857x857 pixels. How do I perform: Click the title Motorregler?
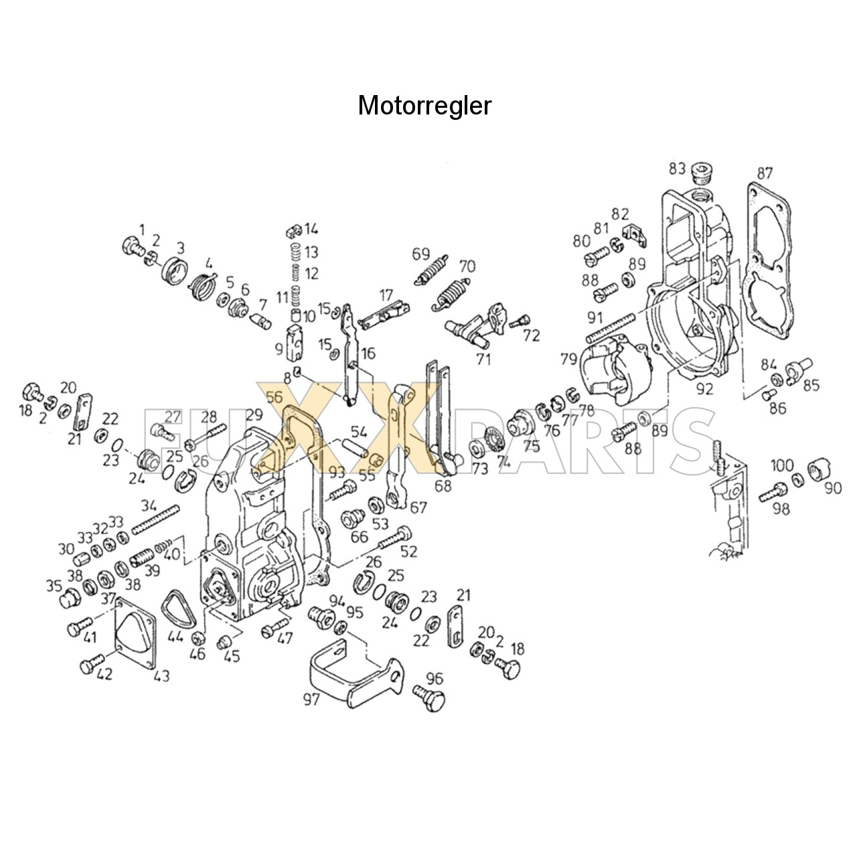pos(424,105)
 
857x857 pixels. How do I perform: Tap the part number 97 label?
pos(311,699)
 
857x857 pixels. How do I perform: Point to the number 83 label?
pos(677,168)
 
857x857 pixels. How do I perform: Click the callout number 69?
pos(420,254)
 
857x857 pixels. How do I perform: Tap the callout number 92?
pos(704,388)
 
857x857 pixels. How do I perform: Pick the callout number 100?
pos(782,465)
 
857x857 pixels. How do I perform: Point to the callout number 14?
pos(311,229)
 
